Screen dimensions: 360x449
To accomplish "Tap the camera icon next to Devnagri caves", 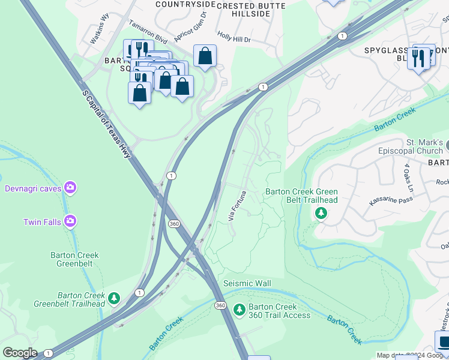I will click(71, 188).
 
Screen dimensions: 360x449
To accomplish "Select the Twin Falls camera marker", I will click(71, 221).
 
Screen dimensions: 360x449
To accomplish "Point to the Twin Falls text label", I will click(42, 222).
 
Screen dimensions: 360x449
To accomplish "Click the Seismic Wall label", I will click(247, 283).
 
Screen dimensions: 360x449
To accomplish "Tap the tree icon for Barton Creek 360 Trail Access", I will click(240, 309).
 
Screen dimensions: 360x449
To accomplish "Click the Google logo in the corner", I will click(19, 353).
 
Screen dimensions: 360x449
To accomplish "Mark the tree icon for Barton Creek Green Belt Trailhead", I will click(321, 212).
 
